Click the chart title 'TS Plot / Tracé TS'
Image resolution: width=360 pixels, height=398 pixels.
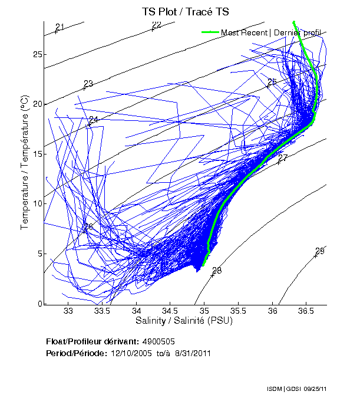[184, 11]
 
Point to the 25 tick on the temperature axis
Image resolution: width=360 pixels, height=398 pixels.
[38, 54]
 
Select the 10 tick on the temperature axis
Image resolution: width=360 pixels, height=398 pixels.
[38, 204]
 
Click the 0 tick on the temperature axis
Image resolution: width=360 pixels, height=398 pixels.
[39, 304]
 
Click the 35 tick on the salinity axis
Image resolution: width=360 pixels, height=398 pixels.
[204, 311]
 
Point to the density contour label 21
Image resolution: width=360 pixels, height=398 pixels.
[59, 27]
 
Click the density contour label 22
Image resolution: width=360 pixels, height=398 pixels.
[156, 25]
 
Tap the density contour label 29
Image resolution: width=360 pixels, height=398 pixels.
[319, 251]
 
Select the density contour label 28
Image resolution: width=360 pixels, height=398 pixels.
[216, 271]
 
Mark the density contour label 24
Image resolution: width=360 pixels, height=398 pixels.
[93, 120]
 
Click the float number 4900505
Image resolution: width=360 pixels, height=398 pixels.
[158, 341]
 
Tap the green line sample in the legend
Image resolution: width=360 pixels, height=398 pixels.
[210, 32]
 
